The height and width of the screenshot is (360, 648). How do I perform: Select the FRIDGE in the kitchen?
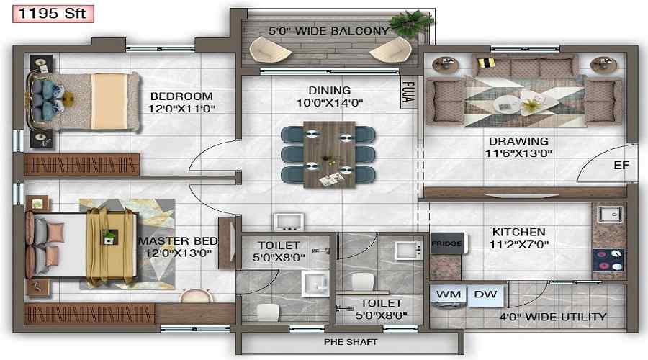[x=446, y=243]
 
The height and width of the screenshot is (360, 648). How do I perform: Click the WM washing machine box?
[x=449, y=294]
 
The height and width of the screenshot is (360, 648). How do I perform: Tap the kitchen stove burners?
[x=608, y=256]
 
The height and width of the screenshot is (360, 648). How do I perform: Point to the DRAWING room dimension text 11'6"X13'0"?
[x=518, y=154]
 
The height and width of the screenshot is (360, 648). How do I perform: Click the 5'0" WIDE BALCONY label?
[x=328, y=32]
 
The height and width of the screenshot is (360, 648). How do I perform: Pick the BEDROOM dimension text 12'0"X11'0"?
[x=181, y=109]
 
